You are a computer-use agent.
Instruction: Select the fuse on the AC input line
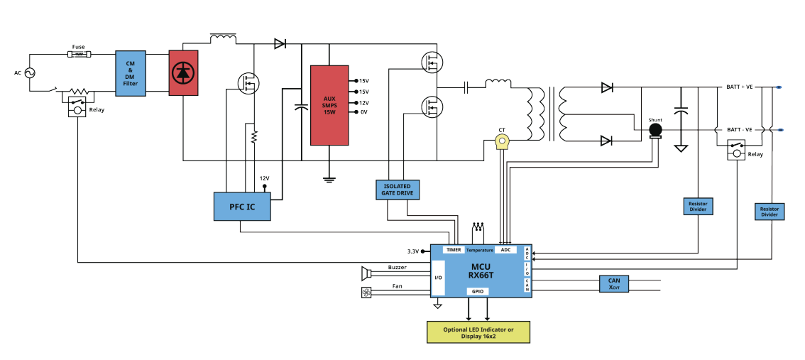79,53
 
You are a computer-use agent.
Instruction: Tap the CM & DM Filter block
131,73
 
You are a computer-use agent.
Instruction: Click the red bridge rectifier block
183,72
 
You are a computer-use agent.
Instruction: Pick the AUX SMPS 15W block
329,105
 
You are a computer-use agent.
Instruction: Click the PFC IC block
242,207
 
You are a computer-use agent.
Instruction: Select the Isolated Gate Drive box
398,190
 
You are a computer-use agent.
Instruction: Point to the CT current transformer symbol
502,141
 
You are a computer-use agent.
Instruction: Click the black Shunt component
655,131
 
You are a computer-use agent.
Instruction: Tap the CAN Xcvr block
614,284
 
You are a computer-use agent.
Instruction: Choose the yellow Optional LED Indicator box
478,332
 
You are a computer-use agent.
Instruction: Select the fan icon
366,293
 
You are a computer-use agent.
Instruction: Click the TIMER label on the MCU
454,250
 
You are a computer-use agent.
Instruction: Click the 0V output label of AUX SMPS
363,112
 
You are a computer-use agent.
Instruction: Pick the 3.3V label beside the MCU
413,251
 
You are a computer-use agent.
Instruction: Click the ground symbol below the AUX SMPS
329,180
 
